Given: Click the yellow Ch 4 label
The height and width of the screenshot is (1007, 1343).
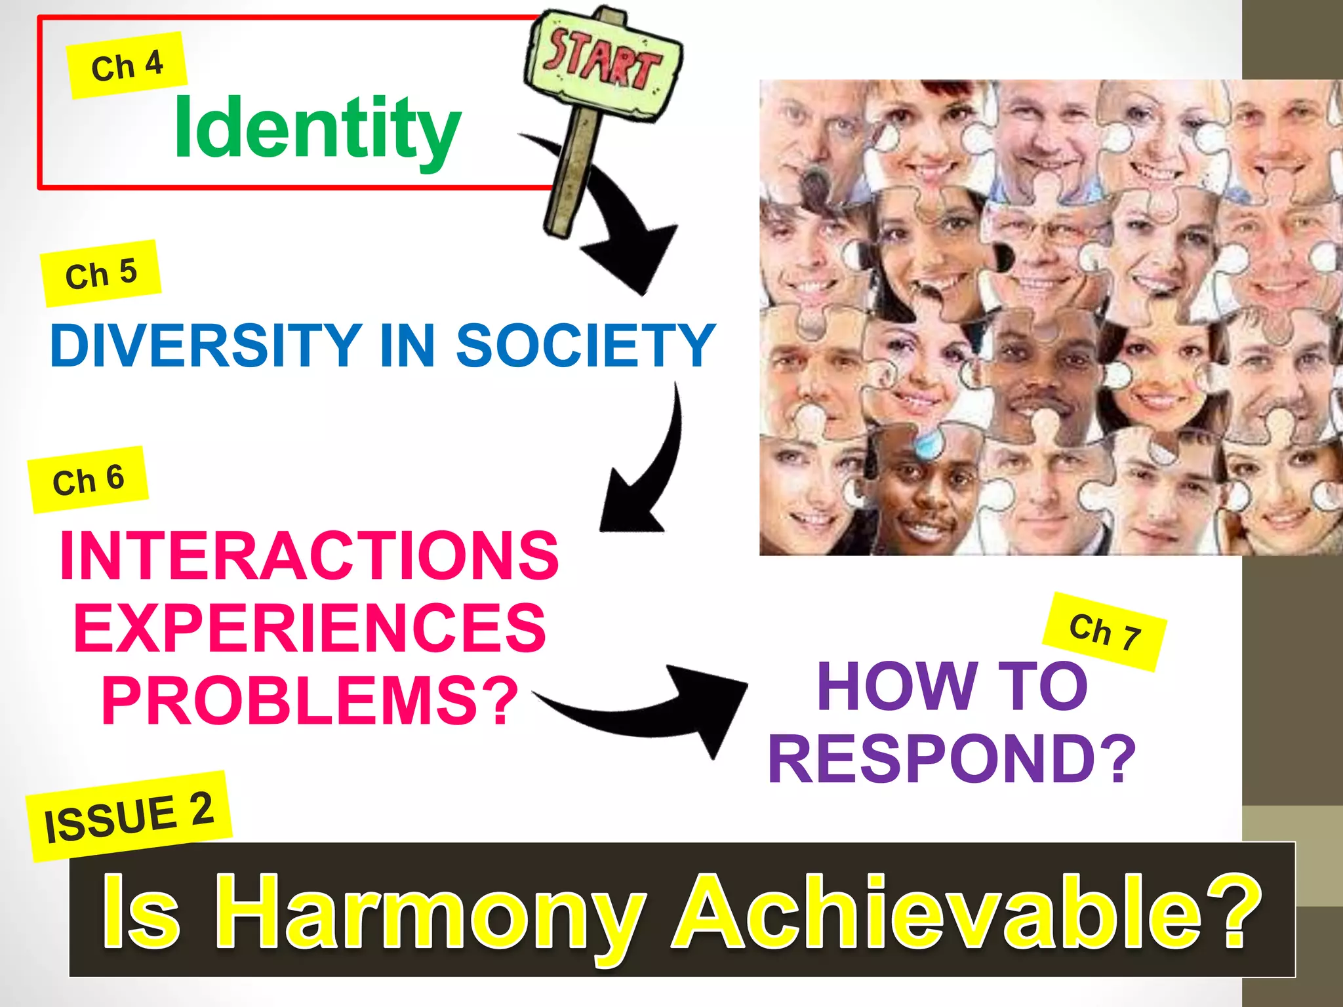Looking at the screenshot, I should [127, 66].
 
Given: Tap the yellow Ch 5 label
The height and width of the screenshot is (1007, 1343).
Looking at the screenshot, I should [101, 273].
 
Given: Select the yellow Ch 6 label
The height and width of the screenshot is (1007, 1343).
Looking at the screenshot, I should [88, 479].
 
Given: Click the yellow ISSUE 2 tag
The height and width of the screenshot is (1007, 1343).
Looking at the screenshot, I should [129, 816].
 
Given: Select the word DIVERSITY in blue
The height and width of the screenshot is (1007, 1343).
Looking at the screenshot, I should [205, 346].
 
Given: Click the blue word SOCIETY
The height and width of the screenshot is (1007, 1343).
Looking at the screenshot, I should [585, 346].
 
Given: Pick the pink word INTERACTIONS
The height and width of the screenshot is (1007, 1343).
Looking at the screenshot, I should [309, 556].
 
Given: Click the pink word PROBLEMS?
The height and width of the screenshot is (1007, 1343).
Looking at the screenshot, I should [310, 700].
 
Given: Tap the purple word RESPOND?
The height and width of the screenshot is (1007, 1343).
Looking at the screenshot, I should [952, 759].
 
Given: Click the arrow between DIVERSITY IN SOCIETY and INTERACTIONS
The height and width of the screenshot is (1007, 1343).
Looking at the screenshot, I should [649, 472].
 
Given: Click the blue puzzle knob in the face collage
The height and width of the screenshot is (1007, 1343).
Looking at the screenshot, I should [928, 444].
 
